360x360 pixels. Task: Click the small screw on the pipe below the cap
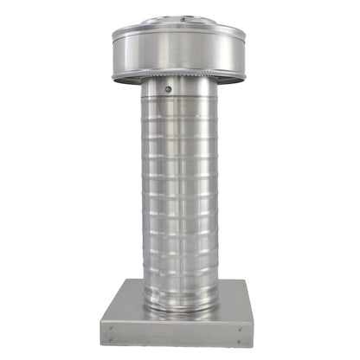click(170, 87)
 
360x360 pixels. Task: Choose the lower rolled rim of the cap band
click(179, 77)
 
